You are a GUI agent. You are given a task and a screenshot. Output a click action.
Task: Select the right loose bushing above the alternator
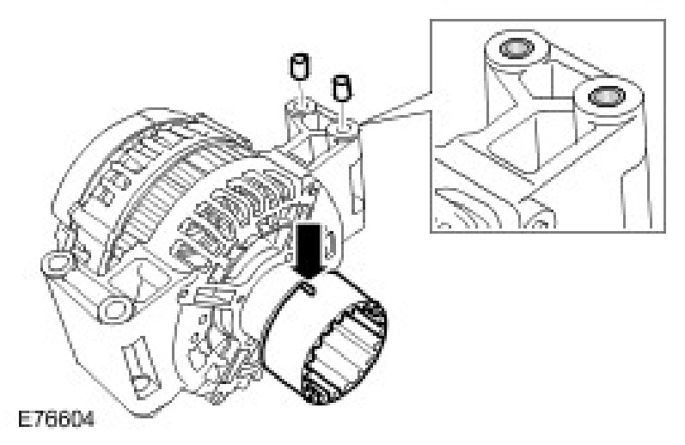[x=341, y=86]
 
